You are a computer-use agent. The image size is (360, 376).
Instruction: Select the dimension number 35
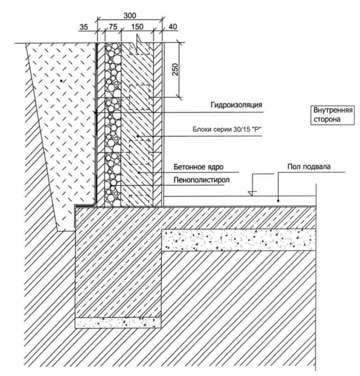coord(84,27)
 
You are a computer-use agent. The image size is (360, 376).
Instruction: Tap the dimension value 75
coord(113,27)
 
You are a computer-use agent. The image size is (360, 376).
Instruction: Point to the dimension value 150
coord(137,27)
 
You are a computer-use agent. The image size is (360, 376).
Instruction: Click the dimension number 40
coord(173,27)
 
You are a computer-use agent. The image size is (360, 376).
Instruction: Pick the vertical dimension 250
coord(176,69)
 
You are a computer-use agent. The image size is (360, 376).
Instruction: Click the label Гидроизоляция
coord(236,105)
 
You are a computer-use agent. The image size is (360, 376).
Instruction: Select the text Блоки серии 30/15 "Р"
coord(227,129)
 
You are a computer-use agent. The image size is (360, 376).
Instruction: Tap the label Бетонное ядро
coord(198,167)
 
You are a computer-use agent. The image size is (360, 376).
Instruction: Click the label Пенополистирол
coord(202,180)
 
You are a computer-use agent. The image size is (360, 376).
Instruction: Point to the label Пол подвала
coord(309,166)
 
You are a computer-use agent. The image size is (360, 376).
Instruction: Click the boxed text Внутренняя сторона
coord(333,115)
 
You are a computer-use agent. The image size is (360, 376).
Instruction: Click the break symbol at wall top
coord(139,45)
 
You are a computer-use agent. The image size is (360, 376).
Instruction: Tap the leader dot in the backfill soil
coord(61,81)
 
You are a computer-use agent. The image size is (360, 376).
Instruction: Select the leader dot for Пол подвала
coord(278,200)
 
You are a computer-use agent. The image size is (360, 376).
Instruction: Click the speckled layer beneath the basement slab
coord(239,240)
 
